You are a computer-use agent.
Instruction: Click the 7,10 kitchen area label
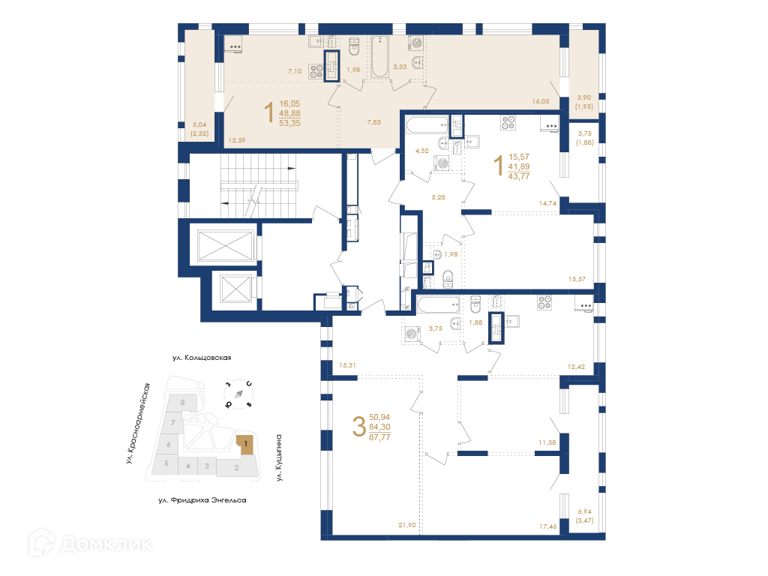coord(295,71)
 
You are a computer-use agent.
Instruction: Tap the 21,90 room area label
coord(407,525)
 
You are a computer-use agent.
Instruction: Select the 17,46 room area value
coord(548,526)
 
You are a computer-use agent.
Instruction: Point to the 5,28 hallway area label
coord(438,197)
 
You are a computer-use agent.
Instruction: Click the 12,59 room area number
coord(236,140)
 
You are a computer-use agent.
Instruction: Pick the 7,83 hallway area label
coord(373,122)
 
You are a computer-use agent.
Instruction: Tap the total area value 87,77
coord(379,437)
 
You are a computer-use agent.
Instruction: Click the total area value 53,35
coord(290,124)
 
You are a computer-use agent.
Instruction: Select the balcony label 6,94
coord(584,511)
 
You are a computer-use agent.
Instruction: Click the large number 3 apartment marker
coord(359,427)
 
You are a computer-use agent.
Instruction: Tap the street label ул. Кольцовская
coord(202,358)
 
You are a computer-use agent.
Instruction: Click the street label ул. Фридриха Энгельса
coord(202,500)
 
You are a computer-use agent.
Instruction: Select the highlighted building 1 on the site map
coord(246,444)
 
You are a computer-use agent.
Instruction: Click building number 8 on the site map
coord(183,403)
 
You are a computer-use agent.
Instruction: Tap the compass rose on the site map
coord(238,394)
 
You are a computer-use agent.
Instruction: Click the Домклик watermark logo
coord(91,543)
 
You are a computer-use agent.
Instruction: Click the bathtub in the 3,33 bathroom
coord(379,57)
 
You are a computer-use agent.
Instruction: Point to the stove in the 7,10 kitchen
coord(316,71)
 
